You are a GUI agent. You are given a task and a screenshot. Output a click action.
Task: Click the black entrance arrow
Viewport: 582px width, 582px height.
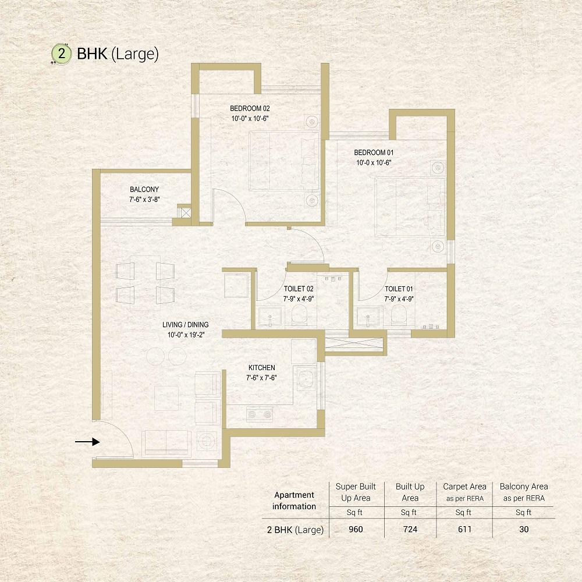point(88,442)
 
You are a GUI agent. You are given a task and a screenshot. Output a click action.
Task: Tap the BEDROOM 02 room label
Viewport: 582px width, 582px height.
point(250,108)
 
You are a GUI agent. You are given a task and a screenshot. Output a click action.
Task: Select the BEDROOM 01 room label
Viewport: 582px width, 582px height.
point(374,152)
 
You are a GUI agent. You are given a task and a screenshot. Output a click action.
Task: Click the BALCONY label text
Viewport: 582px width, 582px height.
point(144,189)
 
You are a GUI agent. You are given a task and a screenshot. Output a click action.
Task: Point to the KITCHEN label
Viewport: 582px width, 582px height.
point(262,367)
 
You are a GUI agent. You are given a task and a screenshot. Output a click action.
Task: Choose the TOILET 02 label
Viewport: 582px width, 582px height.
point(299,289)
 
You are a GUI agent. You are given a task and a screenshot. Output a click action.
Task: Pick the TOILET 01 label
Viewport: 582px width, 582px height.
point(399,289)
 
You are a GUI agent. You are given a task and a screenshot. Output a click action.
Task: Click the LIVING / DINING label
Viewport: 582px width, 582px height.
point(186,324)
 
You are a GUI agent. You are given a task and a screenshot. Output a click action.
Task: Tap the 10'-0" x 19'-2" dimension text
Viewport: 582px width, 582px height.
point(186,335)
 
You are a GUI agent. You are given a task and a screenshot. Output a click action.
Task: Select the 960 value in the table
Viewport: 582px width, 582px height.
point(356,529)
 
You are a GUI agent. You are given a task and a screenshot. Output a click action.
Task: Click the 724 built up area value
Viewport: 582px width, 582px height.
point(410,529)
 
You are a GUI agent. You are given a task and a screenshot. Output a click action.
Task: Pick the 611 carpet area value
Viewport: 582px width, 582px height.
point(464,529)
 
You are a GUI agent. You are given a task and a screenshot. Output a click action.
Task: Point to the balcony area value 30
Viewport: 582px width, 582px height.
point(524,529)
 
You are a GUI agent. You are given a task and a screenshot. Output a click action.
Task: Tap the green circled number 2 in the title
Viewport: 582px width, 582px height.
point(61,54)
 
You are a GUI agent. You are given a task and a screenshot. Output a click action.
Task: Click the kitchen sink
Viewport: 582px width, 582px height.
point(306,379)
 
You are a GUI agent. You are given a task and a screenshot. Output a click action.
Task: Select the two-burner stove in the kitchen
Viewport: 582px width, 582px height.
point(260,414)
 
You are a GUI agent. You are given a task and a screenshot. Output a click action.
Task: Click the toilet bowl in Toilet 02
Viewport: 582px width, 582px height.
point(299,315)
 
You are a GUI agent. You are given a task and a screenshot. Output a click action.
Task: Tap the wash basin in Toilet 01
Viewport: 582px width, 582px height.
point(368,317)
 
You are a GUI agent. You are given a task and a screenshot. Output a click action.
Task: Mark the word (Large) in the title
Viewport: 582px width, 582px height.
point(135,54)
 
